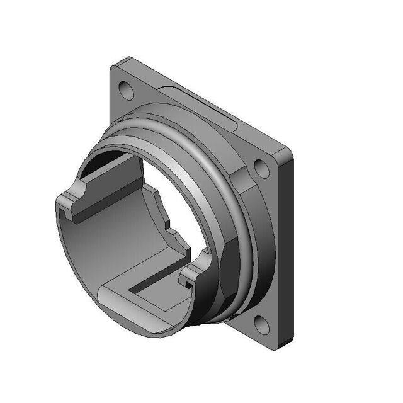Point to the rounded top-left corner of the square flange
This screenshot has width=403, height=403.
(x=113, y=65)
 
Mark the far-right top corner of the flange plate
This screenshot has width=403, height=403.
(x=292, y=152)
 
